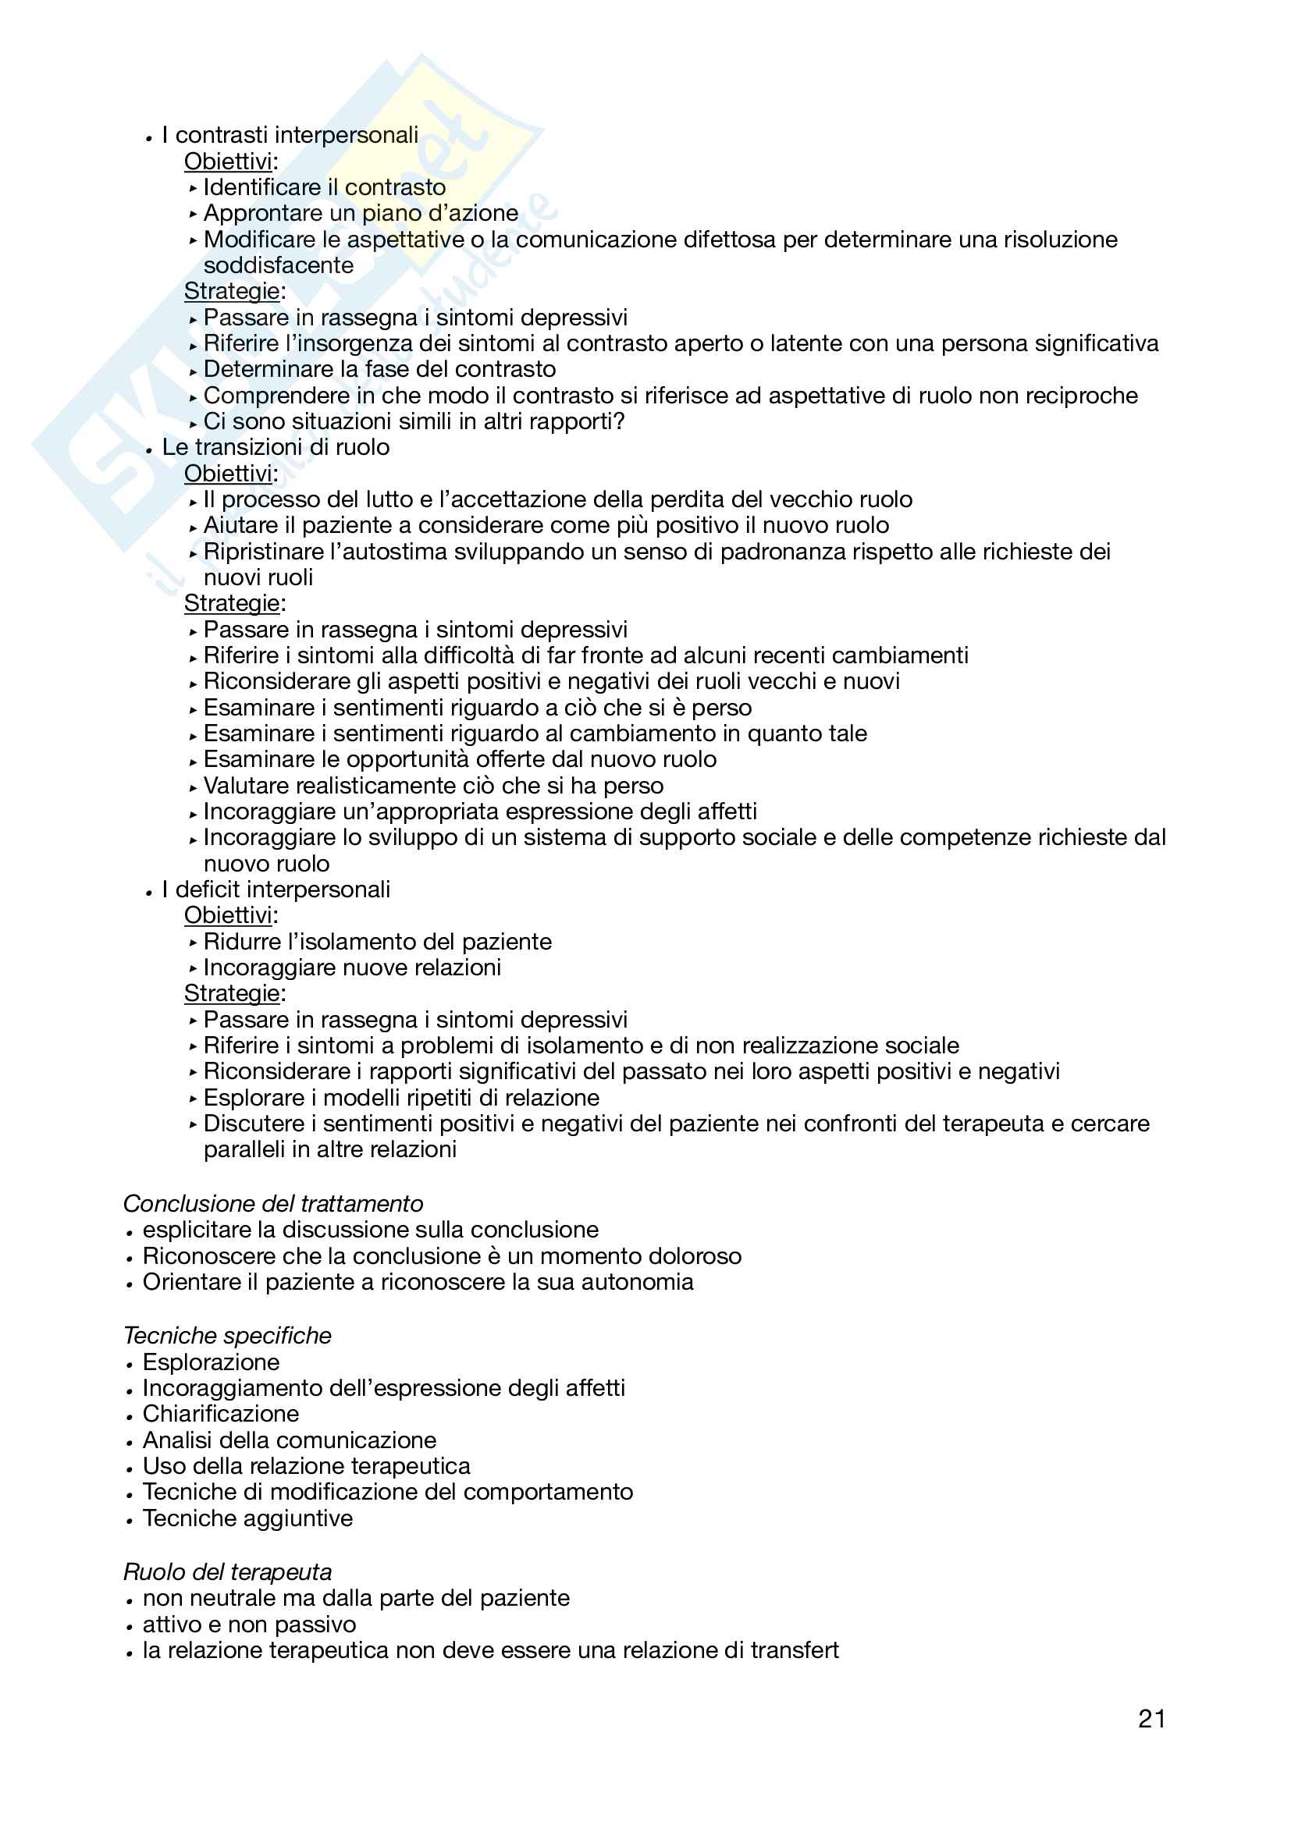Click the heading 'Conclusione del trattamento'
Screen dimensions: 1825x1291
(x=272, y=1203)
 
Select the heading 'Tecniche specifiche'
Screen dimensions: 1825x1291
(x=227, y=1335)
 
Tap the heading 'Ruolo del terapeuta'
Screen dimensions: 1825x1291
(x=227, y=1571)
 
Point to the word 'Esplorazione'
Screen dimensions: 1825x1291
(x=211, y=1362)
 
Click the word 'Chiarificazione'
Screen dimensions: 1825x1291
(x=220, y=1413)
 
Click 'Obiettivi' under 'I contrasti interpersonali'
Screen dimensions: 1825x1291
(x=228, y=162)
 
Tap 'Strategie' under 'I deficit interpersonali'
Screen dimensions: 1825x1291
(x=231, y=993)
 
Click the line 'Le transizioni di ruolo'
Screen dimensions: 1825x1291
(x=275, y=447)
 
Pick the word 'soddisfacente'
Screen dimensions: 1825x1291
(x=278, y=265)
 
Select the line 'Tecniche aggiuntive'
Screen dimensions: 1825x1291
(x=247, y=1518)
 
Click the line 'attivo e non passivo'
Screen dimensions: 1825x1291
(x=249, y=1624)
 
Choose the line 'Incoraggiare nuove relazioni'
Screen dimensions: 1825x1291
(x=352, y=968)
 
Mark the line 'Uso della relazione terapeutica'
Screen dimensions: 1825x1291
(x=306, y=1466)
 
